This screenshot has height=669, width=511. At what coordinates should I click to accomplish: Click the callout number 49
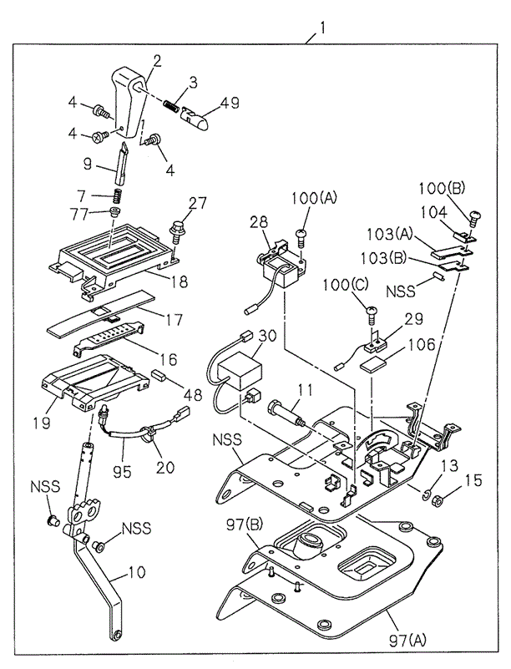(229, 104)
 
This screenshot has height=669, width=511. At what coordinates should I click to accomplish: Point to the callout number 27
(196, 202)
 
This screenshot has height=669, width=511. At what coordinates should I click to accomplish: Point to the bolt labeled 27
(178, 227)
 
